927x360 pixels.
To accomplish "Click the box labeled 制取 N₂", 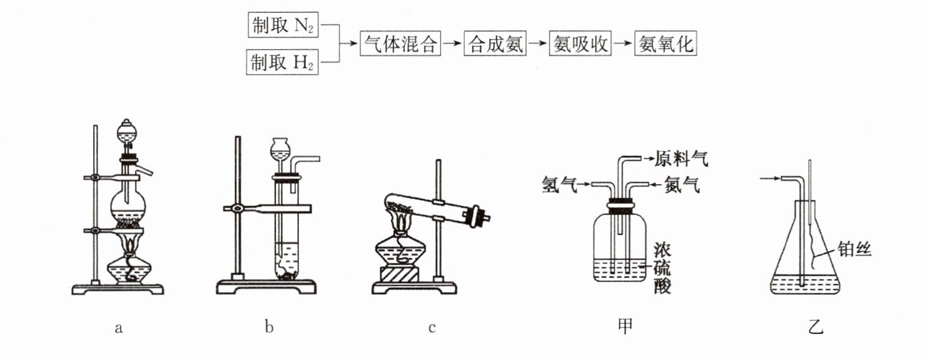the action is point(283,25).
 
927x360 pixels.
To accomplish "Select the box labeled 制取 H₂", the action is point(282,62).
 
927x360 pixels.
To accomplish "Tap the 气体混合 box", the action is point(400,43).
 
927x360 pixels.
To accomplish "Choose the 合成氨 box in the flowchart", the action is point(495,43).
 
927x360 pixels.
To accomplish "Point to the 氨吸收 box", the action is point(580,43).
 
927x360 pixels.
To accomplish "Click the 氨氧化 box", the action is point(665,43).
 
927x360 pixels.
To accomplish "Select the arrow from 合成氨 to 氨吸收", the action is point(538,43).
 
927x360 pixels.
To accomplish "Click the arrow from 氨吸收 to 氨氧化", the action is point(623,43).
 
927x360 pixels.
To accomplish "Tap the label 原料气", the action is point(681,158).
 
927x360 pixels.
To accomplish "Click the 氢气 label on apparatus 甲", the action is point(559,184).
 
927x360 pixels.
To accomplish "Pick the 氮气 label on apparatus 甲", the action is point(682,185).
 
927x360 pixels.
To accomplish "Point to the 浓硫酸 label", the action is point(662,268).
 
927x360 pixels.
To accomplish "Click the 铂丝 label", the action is point(855,249).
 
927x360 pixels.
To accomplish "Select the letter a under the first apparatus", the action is point(119,328).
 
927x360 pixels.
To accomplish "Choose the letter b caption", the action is point(269,327).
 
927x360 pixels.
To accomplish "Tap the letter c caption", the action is point(432,328).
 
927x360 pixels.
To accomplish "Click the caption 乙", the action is point(816,327).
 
